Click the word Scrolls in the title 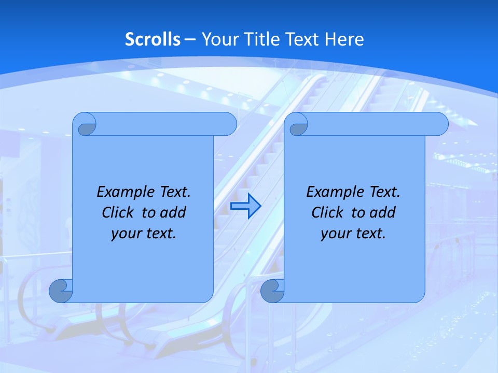point(153,39)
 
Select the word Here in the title point(344,39)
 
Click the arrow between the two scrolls point(245,206)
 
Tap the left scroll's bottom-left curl point(60,291)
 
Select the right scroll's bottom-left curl point(272,291)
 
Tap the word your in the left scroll point(125,234)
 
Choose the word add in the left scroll point(173,212)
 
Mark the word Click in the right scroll point(327,212)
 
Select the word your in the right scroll point(335,234)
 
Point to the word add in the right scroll point(383,212)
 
